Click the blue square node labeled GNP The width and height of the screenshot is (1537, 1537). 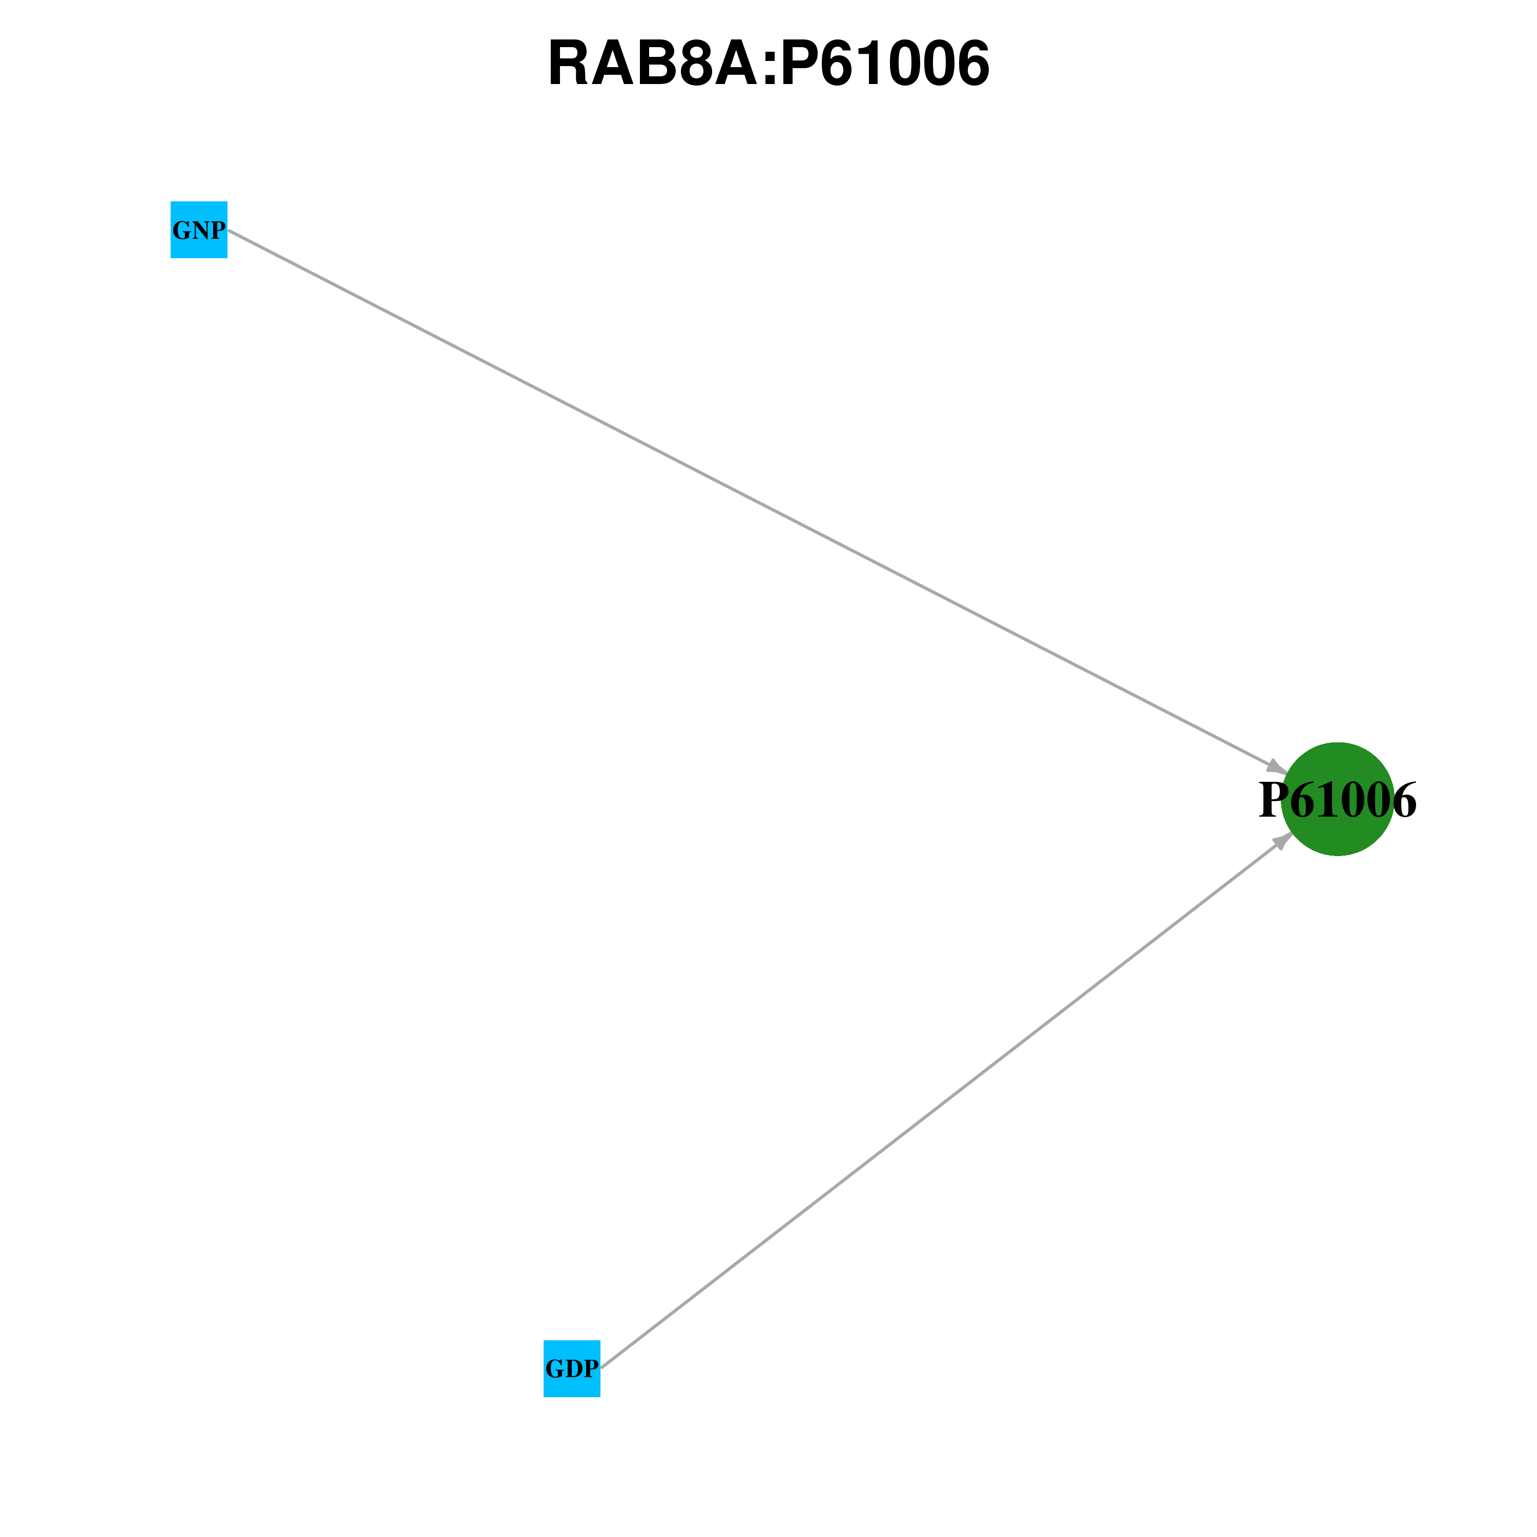(199, 230)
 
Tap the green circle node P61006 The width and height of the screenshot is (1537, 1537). (1338, 799)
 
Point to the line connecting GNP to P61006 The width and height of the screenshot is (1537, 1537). (754, 501)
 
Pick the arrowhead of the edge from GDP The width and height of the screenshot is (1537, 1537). (1284, 840)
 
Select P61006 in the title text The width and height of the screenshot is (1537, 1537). (885, 64)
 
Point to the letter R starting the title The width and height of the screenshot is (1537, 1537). (568, 64)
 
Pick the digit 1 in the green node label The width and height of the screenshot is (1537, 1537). (1327, 800)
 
